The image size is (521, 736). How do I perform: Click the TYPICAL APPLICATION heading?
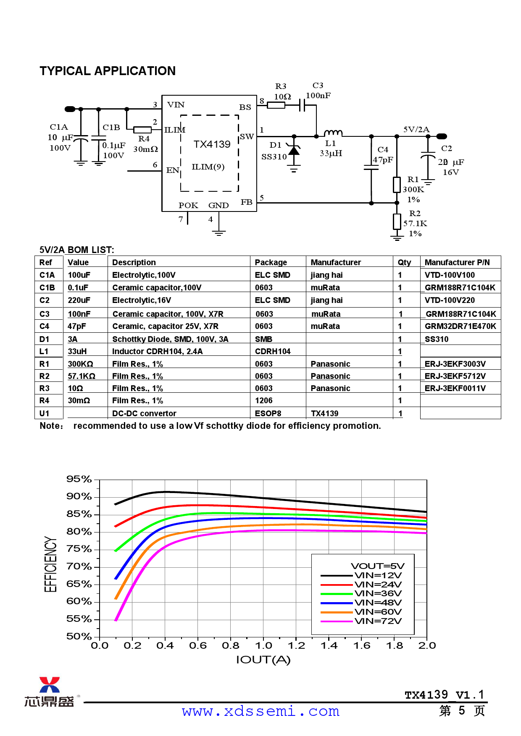[108, 71]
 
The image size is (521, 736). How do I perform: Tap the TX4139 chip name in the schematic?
[212, 144]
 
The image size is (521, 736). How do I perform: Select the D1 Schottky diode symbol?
[294, 150]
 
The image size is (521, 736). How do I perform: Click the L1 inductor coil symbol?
[333, 133]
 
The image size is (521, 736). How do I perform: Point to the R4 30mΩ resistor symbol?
[142, 130]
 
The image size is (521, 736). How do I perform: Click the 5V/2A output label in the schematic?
[416, 129]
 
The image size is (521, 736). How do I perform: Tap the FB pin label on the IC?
[246, 202]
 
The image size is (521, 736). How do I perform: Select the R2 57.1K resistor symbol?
[397, 221]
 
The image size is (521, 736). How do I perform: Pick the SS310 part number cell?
[437, 339]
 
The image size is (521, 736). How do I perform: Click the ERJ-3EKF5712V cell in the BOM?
[455, 376]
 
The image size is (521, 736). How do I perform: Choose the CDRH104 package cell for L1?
[273, 351]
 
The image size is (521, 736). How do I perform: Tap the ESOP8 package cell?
[268, 413]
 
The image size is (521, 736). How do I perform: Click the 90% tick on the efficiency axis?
[79, 496]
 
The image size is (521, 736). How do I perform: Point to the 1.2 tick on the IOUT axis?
[296, 645]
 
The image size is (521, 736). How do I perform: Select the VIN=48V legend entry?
[378, 603]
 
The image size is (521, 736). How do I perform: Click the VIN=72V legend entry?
[378, 621]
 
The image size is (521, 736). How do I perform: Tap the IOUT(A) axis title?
[263, 660]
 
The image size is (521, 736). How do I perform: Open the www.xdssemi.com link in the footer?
[260, 711]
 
